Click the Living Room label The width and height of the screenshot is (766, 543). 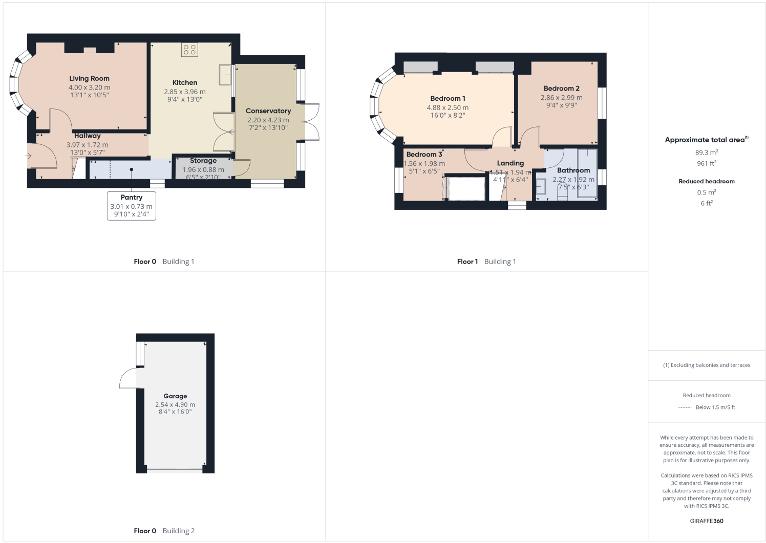click(x=89, y=78)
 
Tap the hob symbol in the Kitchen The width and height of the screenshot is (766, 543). click(x=189, y=50)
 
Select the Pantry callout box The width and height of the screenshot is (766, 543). click(x=131, y=205)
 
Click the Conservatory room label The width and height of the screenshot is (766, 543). click(x=268, y=111)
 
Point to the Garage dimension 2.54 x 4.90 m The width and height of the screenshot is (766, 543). click(x=175, y=404)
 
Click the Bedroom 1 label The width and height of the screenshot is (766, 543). click(x=448, y=98)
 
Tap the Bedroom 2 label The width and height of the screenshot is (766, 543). click(x=561, y=88)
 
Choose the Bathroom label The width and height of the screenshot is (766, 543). click(x=573, y=170)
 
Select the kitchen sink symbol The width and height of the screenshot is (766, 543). click(x=225, y=74)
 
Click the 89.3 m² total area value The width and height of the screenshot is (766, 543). click(x=706, y=153)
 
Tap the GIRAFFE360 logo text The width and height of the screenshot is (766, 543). click(x=706, y=521)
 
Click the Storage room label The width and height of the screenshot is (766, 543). click(x=203, y=161)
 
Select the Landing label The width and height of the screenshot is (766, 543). click(x=510, y=163)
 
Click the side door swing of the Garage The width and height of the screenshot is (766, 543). click(x=128, y=378)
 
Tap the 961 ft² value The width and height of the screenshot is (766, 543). click(x=706, y=163)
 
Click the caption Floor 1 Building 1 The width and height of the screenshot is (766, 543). click(x=486, y=262)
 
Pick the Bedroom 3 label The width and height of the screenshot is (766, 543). click(x=424, y=155)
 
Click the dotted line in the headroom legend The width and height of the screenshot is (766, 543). click(x=685, y=407)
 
